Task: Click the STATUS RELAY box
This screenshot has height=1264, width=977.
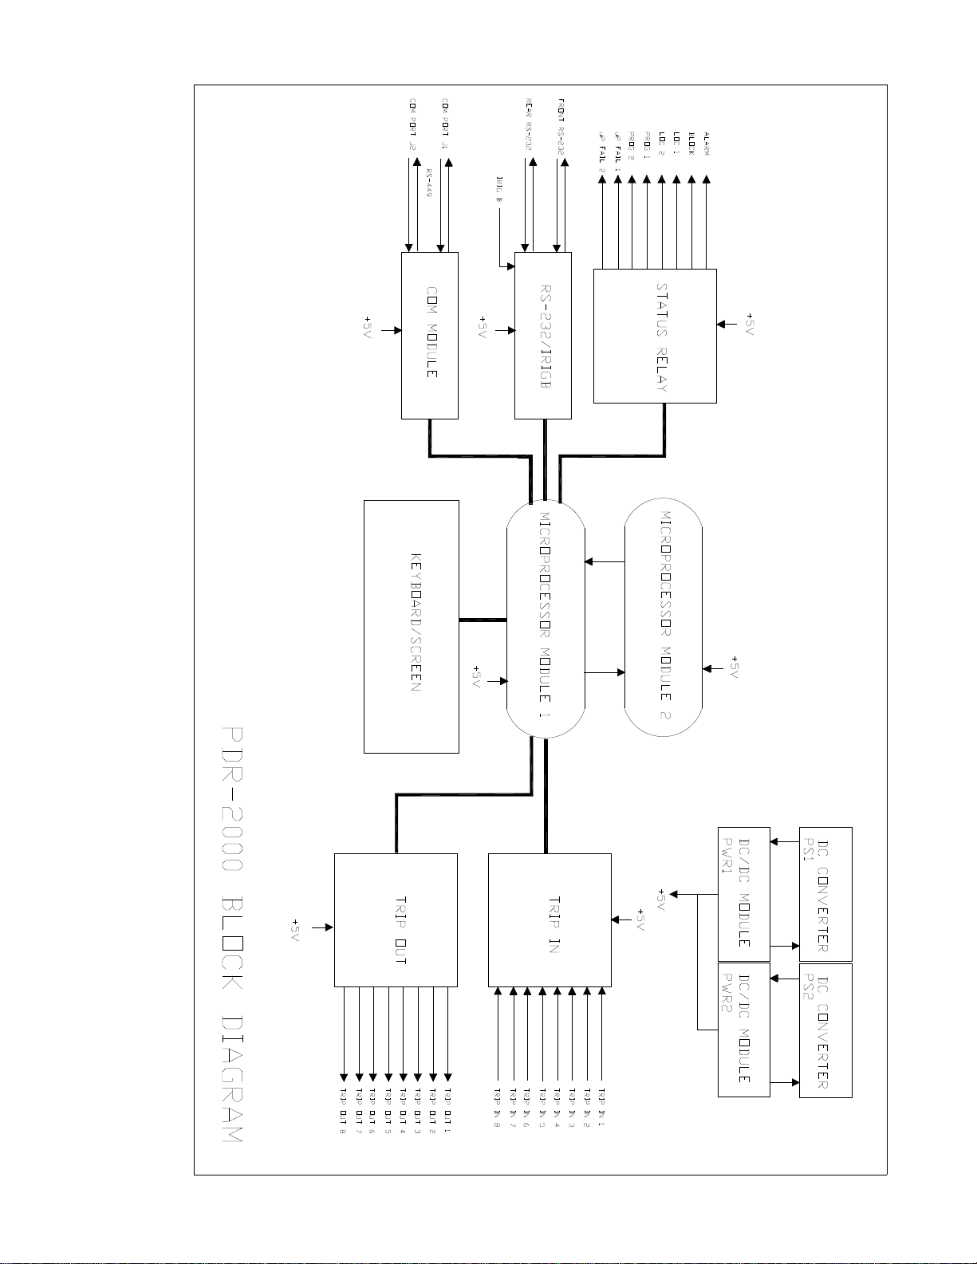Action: click(655, 336)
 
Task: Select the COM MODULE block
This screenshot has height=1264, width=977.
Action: click(429, 336)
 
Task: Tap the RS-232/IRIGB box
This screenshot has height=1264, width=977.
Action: click(543, 336)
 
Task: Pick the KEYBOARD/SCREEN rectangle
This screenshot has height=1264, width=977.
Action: click(412, 626)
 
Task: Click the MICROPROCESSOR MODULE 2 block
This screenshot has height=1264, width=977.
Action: click(663, 616)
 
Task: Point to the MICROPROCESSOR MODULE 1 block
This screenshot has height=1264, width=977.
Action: click(546, 619)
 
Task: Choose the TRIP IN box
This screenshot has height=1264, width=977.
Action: click(550, 919)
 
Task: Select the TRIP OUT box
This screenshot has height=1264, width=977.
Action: click(396, 919)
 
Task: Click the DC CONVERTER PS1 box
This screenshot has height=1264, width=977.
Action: click(825, 894)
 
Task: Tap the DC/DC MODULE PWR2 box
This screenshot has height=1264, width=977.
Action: click(743, 1030)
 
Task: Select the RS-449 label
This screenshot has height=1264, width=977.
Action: click(429, 183)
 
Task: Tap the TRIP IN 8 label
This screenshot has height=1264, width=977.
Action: click(497, 1108)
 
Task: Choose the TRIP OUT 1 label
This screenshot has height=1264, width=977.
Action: click(448, 1108)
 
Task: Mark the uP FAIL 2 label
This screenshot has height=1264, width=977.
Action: click(602, 152)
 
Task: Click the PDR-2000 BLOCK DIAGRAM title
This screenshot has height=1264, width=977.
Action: click(232, 934)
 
